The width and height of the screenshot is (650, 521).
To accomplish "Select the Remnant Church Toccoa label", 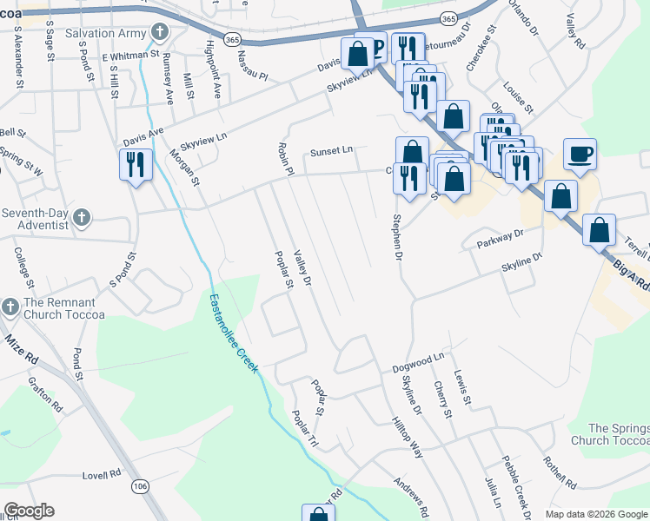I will point(64,309).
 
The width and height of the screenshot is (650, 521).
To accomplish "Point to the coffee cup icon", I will point(580,155).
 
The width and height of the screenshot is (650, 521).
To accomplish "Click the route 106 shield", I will point(139,487).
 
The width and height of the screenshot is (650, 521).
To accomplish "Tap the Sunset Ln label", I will point(331,151).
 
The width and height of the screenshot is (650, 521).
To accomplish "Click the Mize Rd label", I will point(19,344).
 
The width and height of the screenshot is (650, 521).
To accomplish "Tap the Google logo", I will point(29,511).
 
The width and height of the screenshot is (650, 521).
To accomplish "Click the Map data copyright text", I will point(595,514).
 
